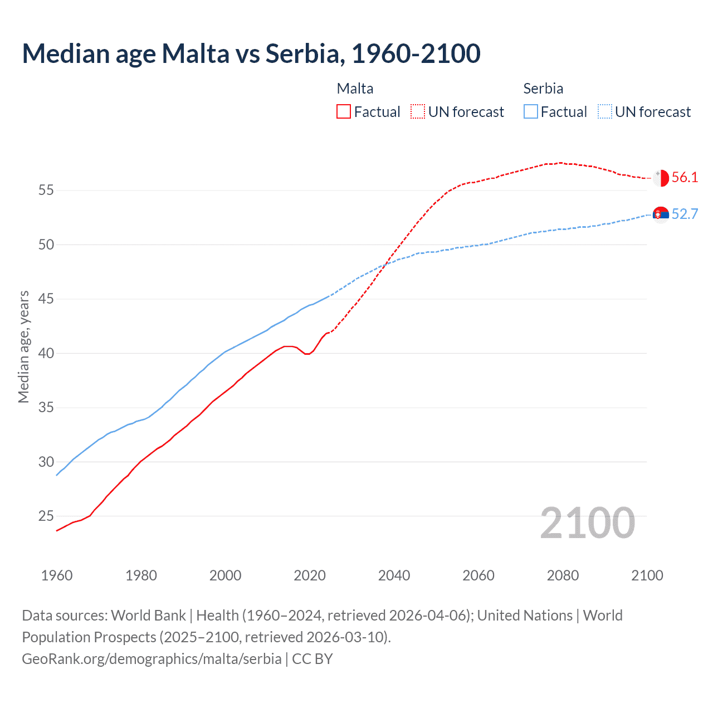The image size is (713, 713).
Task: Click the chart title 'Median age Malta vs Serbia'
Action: point(251,53)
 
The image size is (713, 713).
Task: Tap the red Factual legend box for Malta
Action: point(344,112)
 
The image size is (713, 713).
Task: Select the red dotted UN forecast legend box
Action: point(418,112)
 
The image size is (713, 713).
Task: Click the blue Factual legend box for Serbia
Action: point(531,112)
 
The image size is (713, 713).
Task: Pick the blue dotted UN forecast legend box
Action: point(605,112)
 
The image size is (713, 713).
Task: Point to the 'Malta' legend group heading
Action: point(355,89)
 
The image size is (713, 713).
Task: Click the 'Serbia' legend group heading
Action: point(543,89)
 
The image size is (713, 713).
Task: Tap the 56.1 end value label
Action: point(685,178)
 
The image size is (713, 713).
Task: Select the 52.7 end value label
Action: point(685,214)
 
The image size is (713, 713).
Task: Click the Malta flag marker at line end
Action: point(661,178)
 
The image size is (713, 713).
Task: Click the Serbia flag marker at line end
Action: point(661,214)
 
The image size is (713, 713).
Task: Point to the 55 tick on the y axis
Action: point(46,191)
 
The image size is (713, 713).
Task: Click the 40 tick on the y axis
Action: point(46,354)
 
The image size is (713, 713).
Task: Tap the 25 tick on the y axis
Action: point(46,516)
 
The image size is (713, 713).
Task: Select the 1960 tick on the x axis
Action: point(57,575)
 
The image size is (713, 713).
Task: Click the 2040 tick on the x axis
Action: point(394,575)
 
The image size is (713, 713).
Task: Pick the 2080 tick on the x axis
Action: point(563,575)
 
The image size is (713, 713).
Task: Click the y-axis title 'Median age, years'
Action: point(23,346)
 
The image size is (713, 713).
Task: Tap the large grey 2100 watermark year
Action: point(588,523)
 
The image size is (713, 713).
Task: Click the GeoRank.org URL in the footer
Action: point(152,659)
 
